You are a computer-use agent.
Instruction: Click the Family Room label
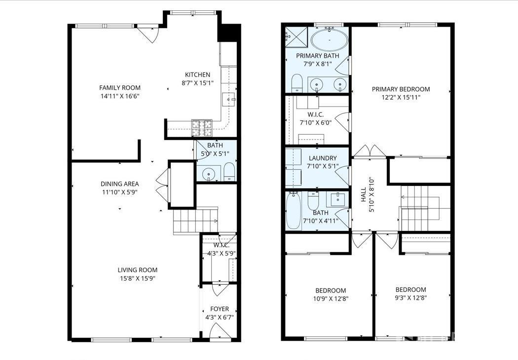[x=119, y=87]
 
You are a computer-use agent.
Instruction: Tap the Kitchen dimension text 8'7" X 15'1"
[x=197, y=83]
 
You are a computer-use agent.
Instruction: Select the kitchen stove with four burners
[x=202, y=128]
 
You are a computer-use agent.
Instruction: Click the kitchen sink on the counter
[x=228, y=99]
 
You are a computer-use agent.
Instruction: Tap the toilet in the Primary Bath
[x=297, y=83]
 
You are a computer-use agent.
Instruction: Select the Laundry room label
[x=323, y=158]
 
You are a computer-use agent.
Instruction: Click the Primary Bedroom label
[x=401, y=89]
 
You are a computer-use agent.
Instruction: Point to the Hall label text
[x=364, y=195]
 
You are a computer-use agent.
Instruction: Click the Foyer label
[x=220, y=309]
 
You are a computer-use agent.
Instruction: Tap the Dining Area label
[x=119, y=183]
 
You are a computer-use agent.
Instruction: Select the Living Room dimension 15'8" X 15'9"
[x=138, y=279]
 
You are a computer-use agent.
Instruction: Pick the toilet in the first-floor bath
[x=229, y=172]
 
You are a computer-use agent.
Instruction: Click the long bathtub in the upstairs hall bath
[x=294, y=211]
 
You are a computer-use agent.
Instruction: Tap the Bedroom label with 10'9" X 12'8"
[x=331, y=290]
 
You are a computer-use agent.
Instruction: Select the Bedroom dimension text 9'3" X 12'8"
[x=410, y=298]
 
